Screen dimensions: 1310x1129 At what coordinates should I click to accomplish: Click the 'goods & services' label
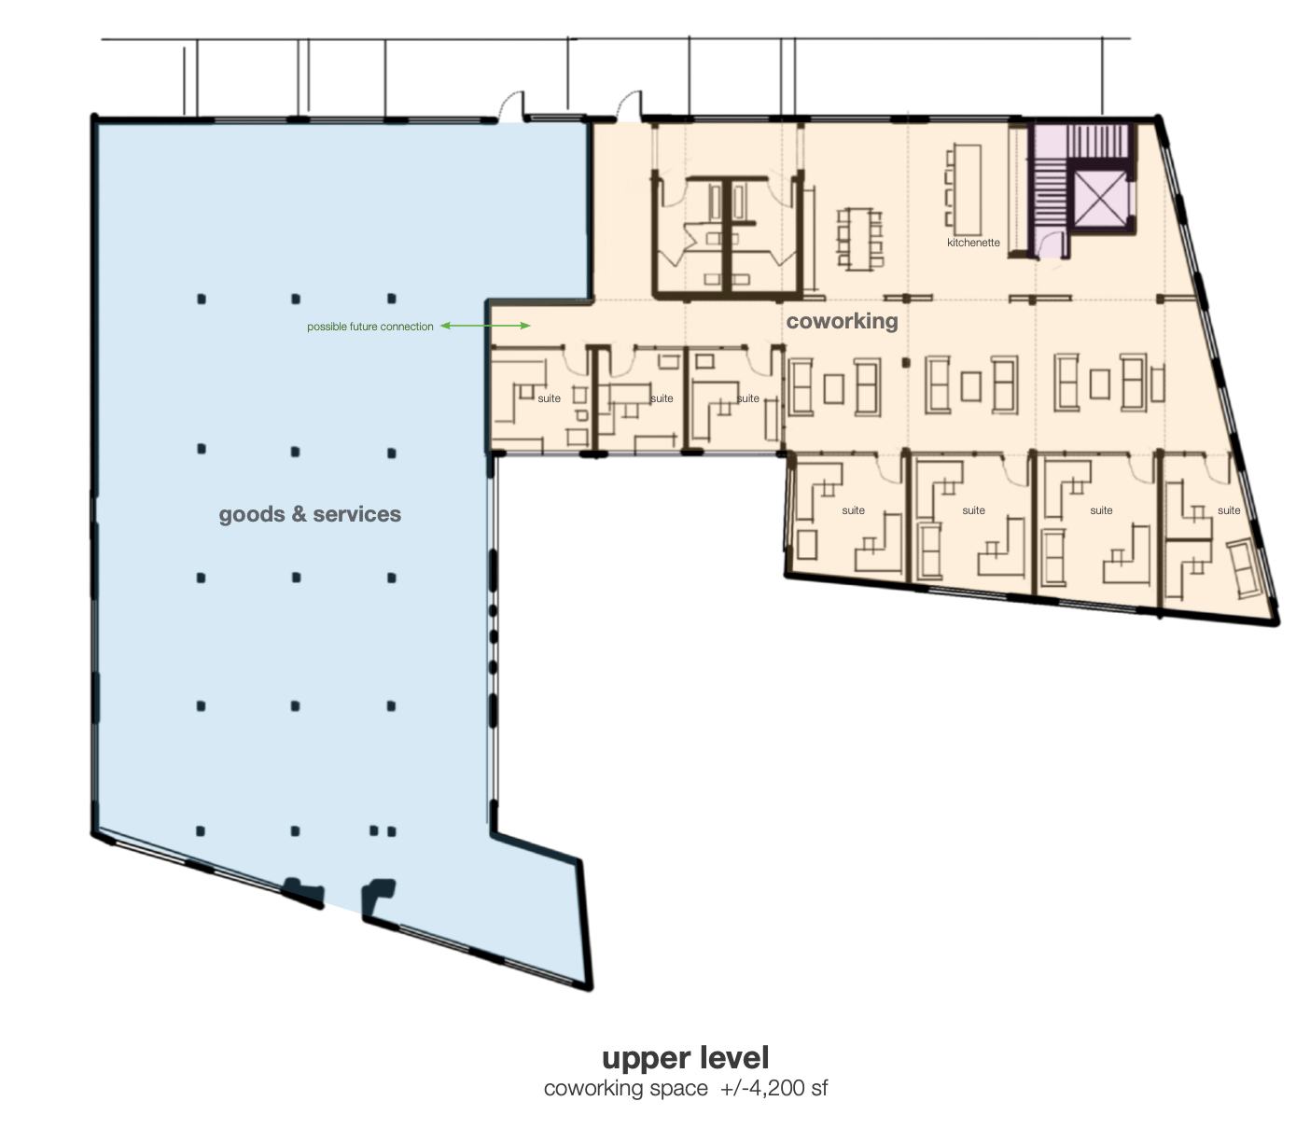point(310,514)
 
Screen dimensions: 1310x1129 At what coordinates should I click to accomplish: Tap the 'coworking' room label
point(842,321)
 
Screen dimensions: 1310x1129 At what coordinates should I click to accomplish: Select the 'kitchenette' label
point(973,243)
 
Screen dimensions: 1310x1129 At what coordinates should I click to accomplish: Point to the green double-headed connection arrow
point(485,326)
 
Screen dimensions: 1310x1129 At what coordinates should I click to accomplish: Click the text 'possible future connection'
point(370,327)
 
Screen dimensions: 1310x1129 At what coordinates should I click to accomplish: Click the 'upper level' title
point(685,1057)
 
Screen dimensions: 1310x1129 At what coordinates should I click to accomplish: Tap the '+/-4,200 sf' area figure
point(773,1088)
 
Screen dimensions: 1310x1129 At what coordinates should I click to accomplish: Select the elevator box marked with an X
point(1100,199)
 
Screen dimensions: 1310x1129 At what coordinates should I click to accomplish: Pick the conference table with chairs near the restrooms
point(859,239)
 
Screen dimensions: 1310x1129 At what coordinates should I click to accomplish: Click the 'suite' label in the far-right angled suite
point(1228,510)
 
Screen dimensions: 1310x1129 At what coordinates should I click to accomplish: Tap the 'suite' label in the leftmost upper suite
point(549,398)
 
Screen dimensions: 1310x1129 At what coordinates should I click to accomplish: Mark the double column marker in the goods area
point(383,831)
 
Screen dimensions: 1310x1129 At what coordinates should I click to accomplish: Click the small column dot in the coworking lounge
point(906,363)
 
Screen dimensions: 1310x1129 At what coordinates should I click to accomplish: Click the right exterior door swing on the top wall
point(629,105)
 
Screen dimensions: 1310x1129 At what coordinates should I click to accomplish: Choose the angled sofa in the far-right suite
point(1244,568)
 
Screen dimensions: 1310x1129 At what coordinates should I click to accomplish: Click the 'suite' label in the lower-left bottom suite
point(853,510)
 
